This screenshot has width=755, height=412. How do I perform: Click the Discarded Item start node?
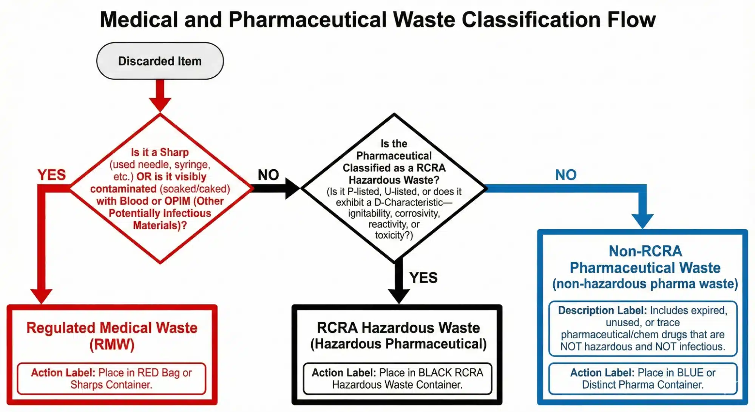[x=160, y=61]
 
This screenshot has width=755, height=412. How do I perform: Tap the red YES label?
[x=52, y=175]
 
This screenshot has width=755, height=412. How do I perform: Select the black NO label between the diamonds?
[x=268, y=175]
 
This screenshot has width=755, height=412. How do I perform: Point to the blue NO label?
[x=566, y=175]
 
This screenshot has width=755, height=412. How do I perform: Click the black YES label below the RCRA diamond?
[x=423, y=278]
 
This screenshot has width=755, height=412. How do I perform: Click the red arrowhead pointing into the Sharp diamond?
[x=160, y=104]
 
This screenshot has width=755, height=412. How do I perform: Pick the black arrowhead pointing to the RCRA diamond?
[x=292, y=188]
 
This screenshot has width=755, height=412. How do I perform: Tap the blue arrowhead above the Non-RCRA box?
[x=642, y=220]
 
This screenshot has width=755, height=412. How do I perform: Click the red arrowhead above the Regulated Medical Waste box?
[x=41, y=295]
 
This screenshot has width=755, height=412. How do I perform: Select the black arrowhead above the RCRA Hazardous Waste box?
[x=399, y=295]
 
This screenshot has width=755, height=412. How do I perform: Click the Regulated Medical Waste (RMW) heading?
[x=112, y=336]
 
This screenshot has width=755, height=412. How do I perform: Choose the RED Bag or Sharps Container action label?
[x=111, y=378]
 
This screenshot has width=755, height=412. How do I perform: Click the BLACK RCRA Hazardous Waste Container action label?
[x=397, y=378]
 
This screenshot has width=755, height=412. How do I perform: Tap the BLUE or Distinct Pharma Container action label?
[x=643, y=378]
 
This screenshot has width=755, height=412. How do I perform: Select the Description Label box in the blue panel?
[x=643, y=328]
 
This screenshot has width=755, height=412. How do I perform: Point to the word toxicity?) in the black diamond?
[x=394, y=235]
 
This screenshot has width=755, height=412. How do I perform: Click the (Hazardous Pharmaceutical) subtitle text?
[x=398, y=344]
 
